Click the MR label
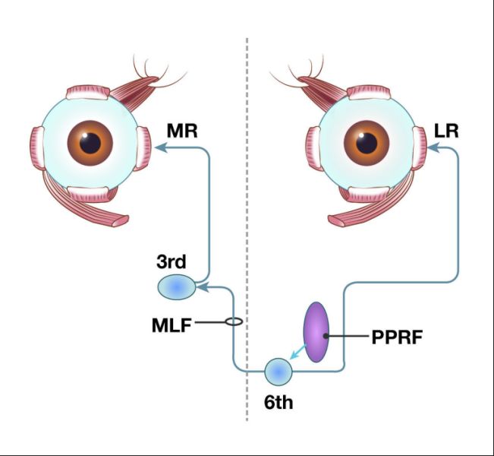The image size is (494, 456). click(x=182, y=130)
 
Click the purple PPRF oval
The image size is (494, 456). click(x=316, y=333)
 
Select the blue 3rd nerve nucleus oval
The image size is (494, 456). click(x=176, y=287)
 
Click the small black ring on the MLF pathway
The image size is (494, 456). click(x=234, y=322)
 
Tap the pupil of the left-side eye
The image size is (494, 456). click(x=90, y=143)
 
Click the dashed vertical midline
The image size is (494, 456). click(x=247, y=228)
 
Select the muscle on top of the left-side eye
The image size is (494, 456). click(x=90, y=93)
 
